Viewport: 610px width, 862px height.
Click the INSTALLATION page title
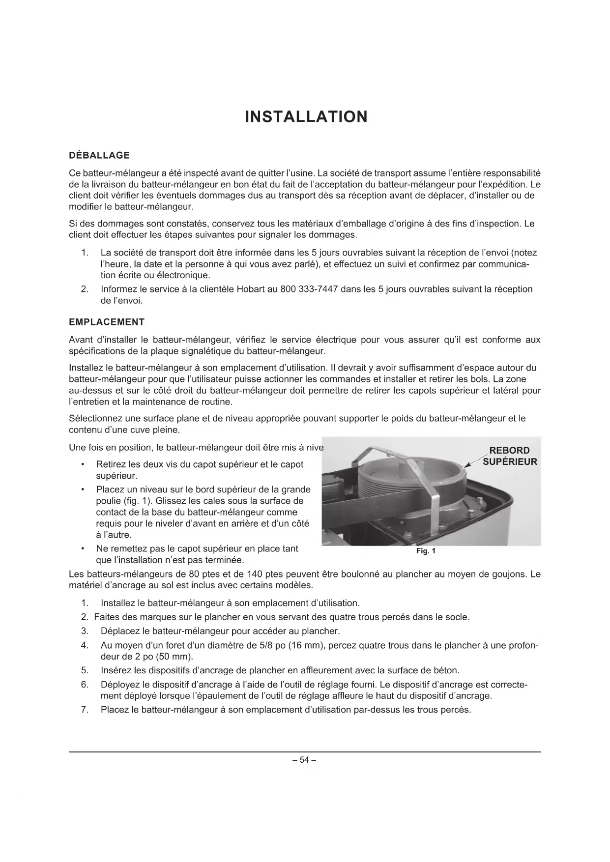pos(306,117)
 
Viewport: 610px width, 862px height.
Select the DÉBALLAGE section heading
pos(99,155)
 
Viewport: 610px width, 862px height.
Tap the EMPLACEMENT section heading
pos(107,322)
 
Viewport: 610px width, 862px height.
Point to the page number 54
pos(304,760)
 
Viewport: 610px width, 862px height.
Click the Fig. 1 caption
pos(426,551)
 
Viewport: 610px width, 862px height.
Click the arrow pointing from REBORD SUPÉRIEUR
pos(473,462)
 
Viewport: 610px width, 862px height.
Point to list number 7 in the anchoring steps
pos(85,710)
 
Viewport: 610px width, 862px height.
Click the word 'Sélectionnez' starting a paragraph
pos(94,419)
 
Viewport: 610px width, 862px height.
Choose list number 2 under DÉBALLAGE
pos(85,289)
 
